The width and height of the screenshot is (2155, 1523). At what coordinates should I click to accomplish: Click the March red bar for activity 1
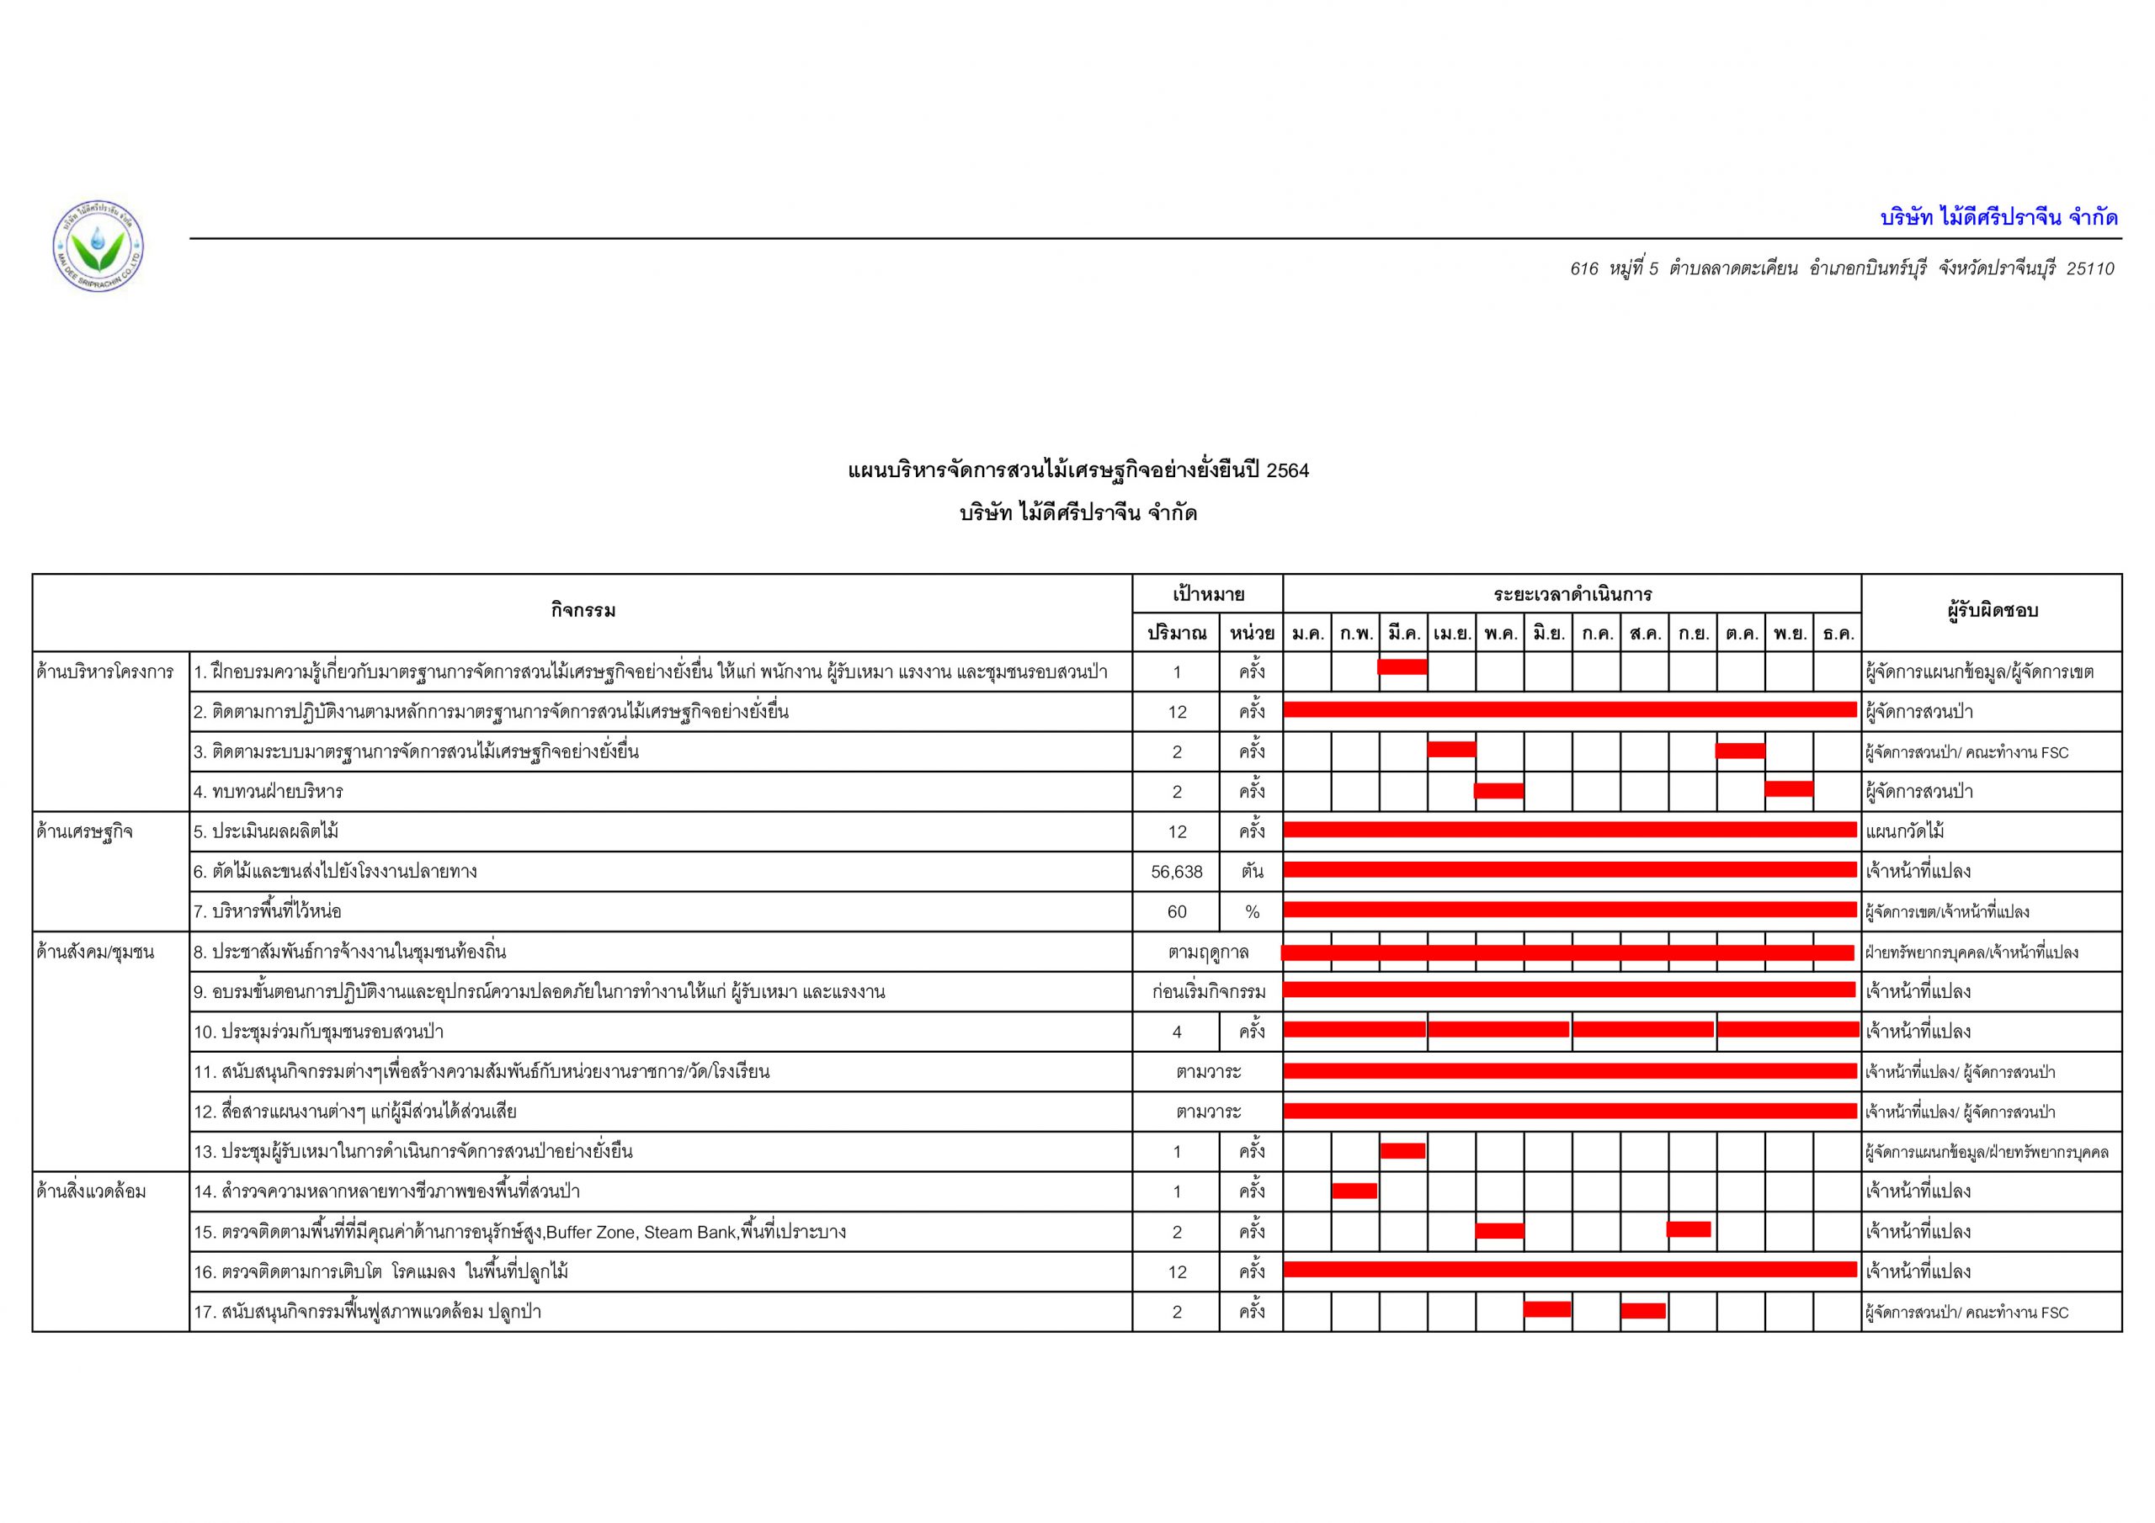[1402, 667]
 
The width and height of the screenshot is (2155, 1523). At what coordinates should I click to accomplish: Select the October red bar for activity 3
[1740, 750]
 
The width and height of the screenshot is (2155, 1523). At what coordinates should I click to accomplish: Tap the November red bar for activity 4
[1789, 788]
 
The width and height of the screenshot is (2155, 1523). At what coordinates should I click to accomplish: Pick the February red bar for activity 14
[1354, 1190]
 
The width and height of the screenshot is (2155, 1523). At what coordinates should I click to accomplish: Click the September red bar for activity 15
[1689, 1228]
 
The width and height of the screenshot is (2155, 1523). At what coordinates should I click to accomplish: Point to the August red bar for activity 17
[1642, 1310]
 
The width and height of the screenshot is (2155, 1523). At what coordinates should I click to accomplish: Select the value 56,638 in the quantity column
[1176, 872]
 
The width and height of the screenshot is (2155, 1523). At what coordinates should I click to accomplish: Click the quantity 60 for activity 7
[1176, 911]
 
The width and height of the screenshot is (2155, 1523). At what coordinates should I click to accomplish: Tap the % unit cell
[1251, 911]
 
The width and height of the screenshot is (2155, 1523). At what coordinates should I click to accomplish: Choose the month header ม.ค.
[1306, 634]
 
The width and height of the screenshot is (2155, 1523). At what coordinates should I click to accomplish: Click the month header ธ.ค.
[1838, 634]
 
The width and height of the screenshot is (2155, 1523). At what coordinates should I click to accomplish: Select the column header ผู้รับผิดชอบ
[1992, 611]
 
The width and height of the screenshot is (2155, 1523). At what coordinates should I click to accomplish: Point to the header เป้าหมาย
[1208, 594]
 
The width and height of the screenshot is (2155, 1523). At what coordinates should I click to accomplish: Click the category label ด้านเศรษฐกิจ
[84, 831]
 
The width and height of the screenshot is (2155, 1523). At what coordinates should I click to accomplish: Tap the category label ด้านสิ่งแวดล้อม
[91, 1191]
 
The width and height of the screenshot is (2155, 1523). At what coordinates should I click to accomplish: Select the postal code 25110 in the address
[2089, 269]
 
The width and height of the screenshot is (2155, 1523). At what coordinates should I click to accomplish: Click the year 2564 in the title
[1288, 471]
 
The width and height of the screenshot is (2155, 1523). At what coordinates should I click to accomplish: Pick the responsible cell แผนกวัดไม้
[1905, 831]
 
